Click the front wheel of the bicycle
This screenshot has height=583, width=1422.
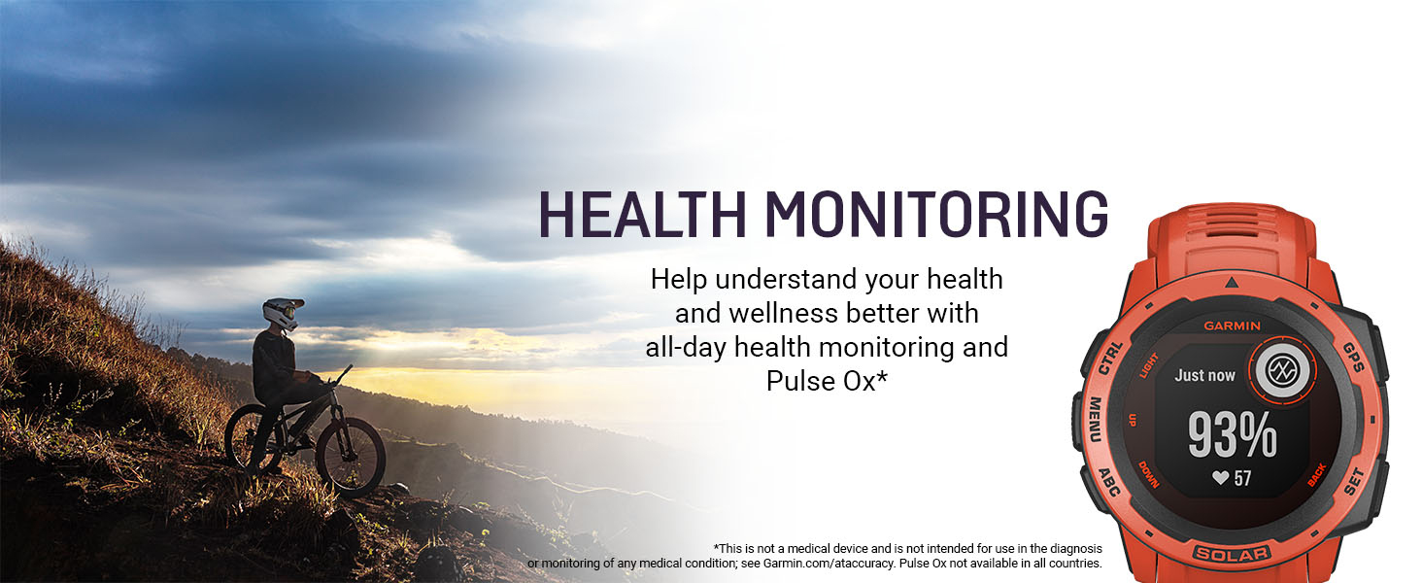point(350,455)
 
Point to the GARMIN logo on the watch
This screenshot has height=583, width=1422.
point(1233,326)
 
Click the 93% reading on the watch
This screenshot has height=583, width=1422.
point(1233,435)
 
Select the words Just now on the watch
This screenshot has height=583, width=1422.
point(1204,375)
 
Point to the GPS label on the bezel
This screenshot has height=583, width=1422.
point(1353,358)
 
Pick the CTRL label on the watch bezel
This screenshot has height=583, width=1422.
point(1110,358)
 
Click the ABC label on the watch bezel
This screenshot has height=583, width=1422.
point(1108,481)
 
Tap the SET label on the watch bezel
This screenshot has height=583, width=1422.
point(1354,481)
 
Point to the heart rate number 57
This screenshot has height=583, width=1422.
point(1242,478)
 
